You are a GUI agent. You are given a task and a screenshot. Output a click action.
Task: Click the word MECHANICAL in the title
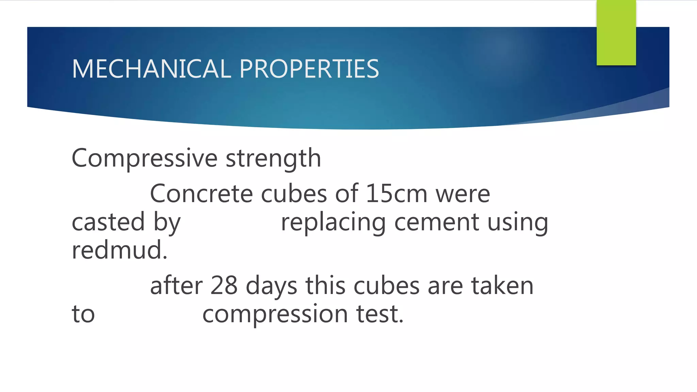coord(151,69)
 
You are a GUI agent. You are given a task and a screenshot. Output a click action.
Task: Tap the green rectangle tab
coord(616,32)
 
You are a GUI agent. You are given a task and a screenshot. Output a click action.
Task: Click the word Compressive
coord(145,158)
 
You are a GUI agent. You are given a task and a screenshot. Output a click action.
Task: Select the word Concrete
coord(201,194)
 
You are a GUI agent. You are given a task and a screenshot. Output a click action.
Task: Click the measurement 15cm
coord(396,194)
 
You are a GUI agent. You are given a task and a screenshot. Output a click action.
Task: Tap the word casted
coord(108,222)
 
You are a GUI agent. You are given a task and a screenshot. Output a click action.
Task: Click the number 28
coord(224,285)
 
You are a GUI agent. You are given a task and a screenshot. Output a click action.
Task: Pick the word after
coord(176,285)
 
